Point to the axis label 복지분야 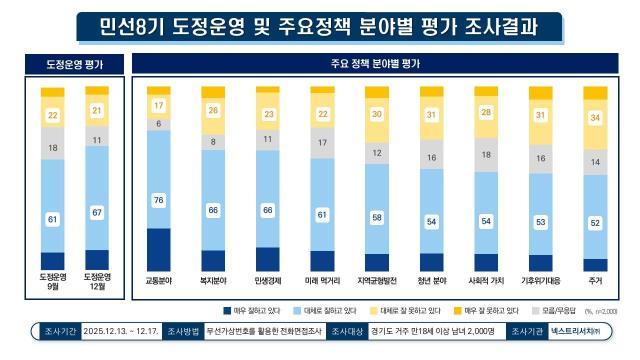coord(214,282)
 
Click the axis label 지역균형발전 coord(377,282)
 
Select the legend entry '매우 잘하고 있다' coord(251,311)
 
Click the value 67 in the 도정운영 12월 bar coord(97,212)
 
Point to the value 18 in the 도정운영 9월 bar coord(53,147)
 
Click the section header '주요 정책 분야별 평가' coord(376,66)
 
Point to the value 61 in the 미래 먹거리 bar coord(323,214)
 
